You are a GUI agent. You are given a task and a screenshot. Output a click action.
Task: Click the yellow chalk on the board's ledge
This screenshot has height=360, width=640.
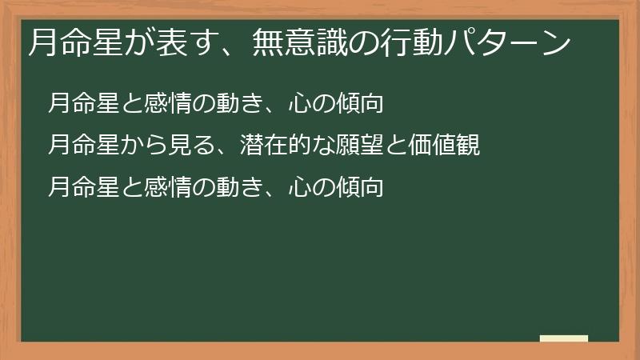(x=564, y=338)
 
